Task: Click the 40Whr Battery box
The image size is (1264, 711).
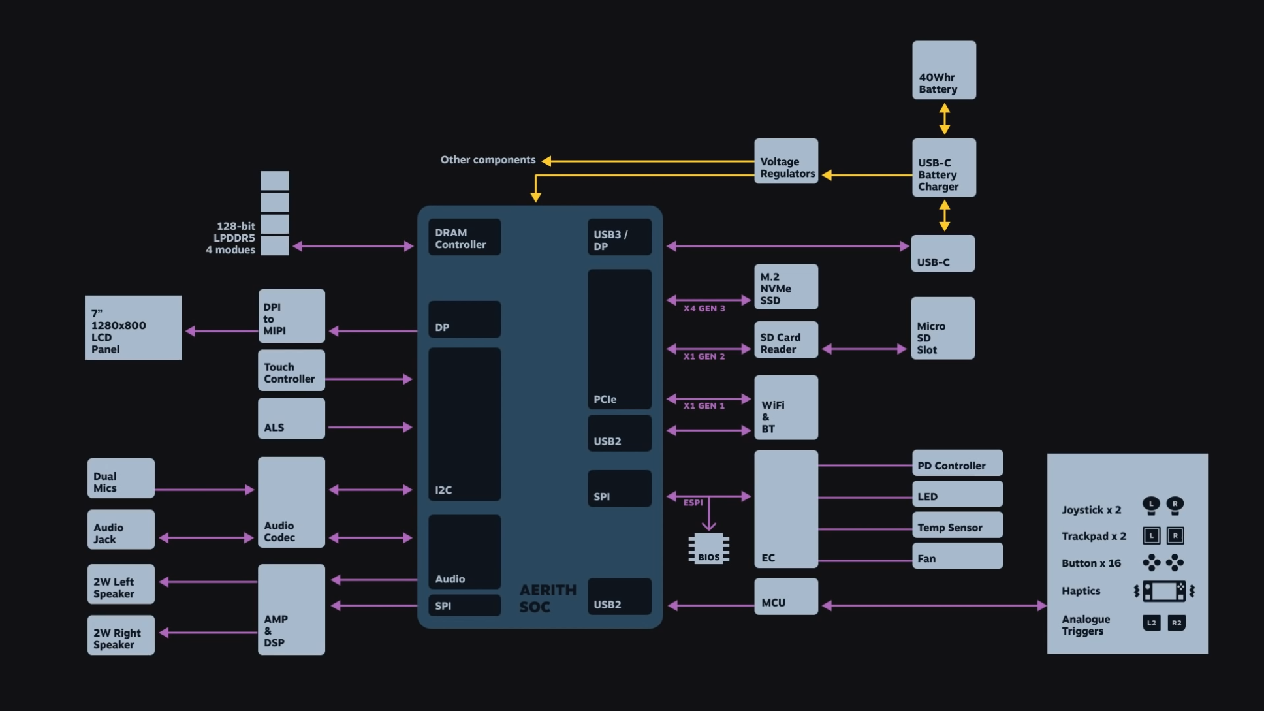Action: (x=943, y=71)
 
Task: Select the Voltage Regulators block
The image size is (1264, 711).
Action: (x=786, y=161)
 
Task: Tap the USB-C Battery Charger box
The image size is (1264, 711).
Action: (x=943, y=168)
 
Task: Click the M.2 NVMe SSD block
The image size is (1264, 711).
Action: (x=786, y=287)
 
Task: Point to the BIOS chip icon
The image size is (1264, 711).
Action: (x=708, y=549)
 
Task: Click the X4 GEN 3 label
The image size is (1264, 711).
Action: (x=704, y=308)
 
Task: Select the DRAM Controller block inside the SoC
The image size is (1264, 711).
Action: (x=464, y=237)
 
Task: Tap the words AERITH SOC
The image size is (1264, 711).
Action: (x=547, y=598)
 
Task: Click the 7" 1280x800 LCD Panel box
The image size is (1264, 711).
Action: (x=133, y=328)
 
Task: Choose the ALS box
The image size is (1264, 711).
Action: (x=291, y=419)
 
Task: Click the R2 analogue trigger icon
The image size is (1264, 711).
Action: (x=1176, y=623)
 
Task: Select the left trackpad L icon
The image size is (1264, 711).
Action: (x=1151, y=536)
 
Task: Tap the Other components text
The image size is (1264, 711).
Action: (x=488, y=160)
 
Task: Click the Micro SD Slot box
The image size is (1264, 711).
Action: (x=943, y=328)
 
